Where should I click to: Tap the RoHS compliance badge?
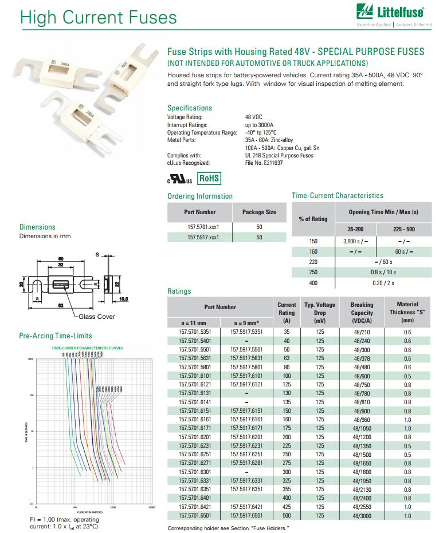[x=209, y=179]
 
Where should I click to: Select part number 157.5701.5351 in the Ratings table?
[x=195, y=331]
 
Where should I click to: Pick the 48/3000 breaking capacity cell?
[x=362, y=516]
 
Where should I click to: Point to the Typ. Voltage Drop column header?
[x=320, y=313]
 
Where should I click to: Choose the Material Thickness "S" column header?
[x=407, y=313]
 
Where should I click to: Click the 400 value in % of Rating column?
[x=313, y=282]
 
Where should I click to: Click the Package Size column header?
[x=259, y=212]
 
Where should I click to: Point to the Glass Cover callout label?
[x=97, y=317]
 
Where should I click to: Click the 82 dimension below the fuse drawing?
[x=61, y=306]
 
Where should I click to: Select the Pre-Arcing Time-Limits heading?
[x=56, y=335]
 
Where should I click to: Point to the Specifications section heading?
[x=190, y=108]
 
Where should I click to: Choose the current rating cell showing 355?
[x=287, y=489]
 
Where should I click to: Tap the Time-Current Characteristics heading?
[x=338, y=196]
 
